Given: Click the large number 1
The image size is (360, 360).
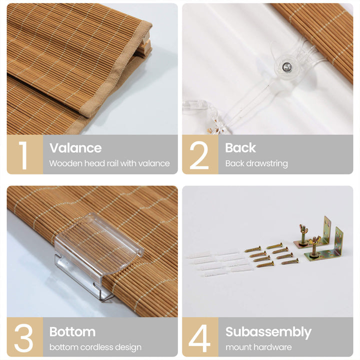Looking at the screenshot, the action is point(23,155).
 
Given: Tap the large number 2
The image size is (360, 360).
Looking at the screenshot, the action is point(199,155).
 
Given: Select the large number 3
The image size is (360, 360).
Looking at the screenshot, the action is point(23,338).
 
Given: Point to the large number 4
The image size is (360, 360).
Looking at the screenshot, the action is point(199,338).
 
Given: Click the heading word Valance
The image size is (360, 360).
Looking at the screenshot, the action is point(75,148).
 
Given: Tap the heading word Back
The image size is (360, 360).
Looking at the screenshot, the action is point(240,147).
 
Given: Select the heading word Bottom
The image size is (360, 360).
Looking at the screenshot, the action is point(72,332).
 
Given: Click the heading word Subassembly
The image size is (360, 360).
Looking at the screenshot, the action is point(268,332).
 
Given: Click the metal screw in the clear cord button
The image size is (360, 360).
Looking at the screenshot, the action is point(286,67).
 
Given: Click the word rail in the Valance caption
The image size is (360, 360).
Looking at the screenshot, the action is point(113,163).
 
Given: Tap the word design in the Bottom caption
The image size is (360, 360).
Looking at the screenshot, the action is point(128,347).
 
